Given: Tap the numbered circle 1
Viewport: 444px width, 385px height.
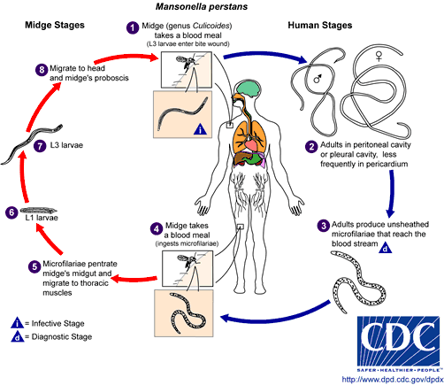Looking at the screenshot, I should point(133,27).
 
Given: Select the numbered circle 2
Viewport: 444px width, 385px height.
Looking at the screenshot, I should point(310,146).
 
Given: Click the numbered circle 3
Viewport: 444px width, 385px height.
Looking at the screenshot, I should point(324,225).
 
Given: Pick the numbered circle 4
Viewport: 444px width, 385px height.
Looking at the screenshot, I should point(156,227).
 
